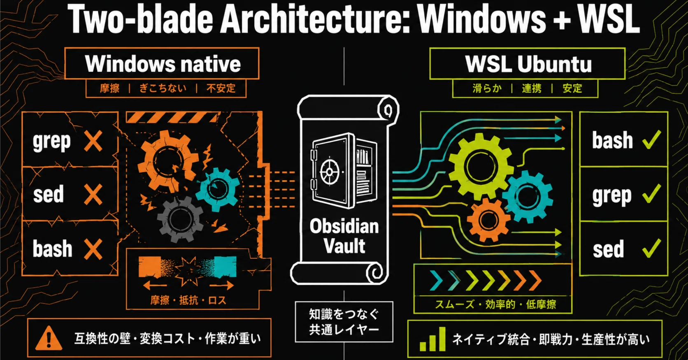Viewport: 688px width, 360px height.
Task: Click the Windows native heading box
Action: click(162, 63)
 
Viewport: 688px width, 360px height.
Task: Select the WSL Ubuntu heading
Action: click(528, 64)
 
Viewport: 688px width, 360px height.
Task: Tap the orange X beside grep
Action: click(93, 141)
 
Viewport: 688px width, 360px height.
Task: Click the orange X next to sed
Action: click(93, 195)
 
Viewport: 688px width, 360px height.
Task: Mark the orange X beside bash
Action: click(93, 249)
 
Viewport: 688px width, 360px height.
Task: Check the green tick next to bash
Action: click(651, 140)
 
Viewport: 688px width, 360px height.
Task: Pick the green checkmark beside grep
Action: click(651, 194)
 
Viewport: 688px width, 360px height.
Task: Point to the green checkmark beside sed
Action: click(651, 248)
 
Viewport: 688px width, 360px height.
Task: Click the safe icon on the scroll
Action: click(344, 170)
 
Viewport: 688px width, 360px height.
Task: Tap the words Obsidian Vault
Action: click(344, 236)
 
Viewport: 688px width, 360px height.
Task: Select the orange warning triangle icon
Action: click(49, 338)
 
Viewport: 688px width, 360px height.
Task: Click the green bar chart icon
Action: click(432, 339)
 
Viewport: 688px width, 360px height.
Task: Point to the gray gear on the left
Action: click(179, 219)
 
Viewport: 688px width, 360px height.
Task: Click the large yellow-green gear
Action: click(481, 166)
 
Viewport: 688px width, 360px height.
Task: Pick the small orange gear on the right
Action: click(488, 220)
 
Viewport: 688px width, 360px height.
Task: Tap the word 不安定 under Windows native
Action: click(221, 88)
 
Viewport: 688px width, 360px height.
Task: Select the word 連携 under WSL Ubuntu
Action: click(532, 88)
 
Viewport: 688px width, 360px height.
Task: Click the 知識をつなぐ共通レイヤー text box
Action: click(344, 322)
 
